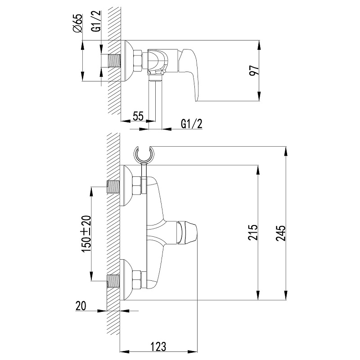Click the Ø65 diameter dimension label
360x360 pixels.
78,23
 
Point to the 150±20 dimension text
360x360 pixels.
86,233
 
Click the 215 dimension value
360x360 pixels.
253,233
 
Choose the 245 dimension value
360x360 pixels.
282,233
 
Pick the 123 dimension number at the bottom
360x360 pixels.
158,347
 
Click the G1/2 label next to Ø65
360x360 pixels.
95,23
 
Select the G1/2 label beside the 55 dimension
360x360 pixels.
191,123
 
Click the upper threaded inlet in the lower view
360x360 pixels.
114,186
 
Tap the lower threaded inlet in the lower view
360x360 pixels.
114,280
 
